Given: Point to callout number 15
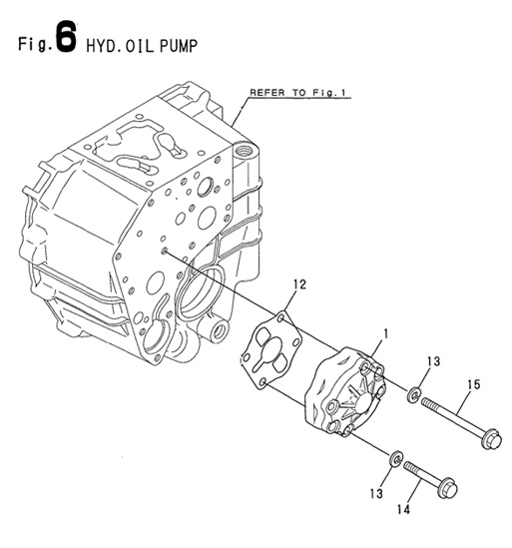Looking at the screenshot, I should point(472,381).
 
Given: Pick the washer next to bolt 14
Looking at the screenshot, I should point(395,458).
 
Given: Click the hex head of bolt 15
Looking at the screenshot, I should point(489,437).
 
